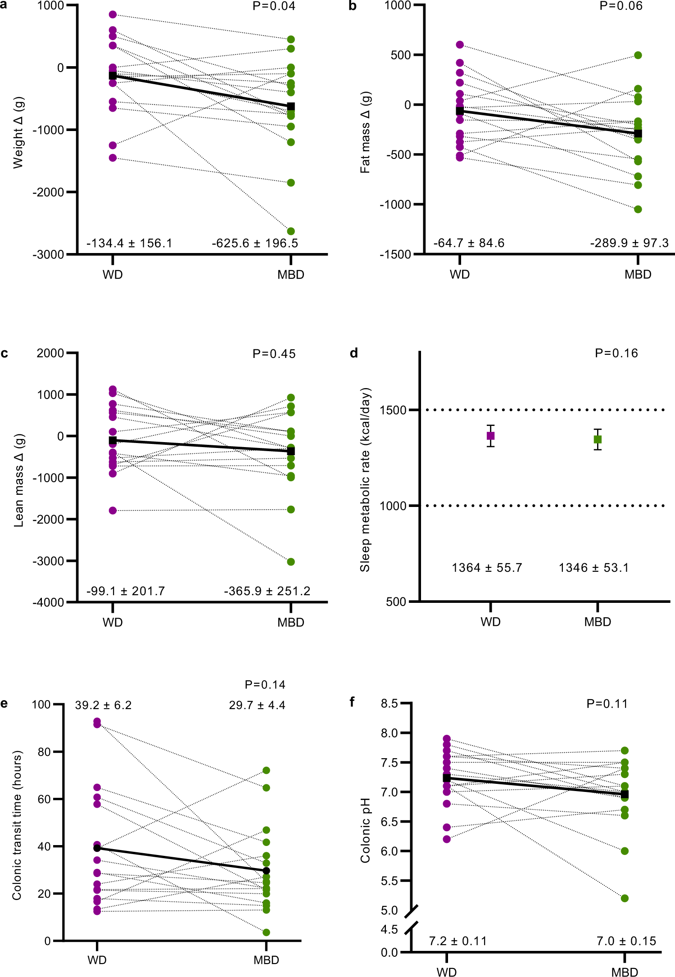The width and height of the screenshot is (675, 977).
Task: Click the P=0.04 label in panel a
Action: pos(274,6)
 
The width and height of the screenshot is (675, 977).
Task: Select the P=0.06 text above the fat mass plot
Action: pos(621,6)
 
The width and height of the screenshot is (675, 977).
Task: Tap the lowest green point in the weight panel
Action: pos(291,231)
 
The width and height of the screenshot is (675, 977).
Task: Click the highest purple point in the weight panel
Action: pos(113,15)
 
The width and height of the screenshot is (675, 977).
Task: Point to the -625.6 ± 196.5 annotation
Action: pos(255,244)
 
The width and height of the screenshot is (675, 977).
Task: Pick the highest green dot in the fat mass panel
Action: pos(638,55)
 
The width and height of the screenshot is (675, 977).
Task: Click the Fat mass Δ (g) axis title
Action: pos(365,132)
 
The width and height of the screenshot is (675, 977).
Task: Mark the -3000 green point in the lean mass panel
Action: pos(291,562)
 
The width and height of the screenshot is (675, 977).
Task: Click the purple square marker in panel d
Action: pos(490,436)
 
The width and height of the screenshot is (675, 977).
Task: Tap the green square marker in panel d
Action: pos(598,439)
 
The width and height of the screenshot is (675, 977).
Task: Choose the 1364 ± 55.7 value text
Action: pos(487,568)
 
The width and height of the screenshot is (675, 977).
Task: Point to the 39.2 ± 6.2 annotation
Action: pos(103,706)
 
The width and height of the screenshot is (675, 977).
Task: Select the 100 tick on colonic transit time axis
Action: pos(41,705)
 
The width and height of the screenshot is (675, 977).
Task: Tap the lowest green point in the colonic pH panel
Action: pos(625,898)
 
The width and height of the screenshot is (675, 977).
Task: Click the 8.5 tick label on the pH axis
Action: pos(389,704)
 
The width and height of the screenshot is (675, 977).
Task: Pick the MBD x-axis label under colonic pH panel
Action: pos(625,972)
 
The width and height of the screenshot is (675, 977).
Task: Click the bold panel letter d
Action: pos(354,353)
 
